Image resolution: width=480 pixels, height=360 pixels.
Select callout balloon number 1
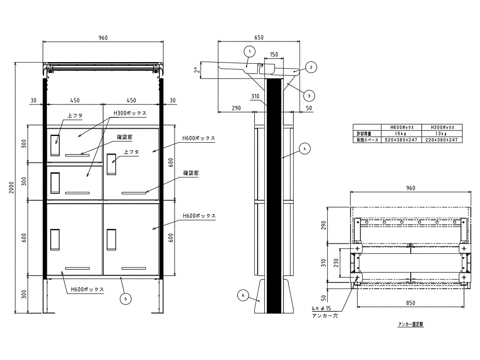[250, 52]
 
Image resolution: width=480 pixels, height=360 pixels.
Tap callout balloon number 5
[125, 299]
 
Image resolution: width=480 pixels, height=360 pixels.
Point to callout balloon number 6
[243, 295]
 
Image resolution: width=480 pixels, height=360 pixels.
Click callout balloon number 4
[305, 149]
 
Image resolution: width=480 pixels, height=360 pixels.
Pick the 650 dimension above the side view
[259, 37]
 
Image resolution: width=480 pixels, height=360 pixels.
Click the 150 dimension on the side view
[274, 55]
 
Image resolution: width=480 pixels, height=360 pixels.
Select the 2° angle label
[198, 70]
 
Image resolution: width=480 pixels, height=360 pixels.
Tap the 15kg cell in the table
[401, 134]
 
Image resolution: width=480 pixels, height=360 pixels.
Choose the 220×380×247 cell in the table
[442, 140]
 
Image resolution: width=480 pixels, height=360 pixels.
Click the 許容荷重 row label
[364, 134]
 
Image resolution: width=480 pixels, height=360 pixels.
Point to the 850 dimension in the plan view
[410, 303]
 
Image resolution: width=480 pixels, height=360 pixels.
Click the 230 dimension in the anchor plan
[336, 263]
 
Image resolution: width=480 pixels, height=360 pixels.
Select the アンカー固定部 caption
[410, 324]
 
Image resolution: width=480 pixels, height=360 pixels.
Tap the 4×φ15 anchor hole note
[321, 308]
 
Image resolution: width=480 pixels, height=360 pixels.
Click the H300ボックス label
[130, 113]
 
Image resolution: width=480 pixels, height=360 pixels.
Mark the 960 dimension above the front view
[103, 38]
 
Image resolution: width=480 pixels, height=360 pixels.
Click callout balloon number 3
[309, 96]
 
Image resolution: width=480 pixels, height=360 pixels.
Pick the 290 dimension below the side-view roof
[236, 108]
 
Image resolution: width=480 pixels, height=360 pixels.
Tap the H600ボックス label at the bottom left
[87, 289]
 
